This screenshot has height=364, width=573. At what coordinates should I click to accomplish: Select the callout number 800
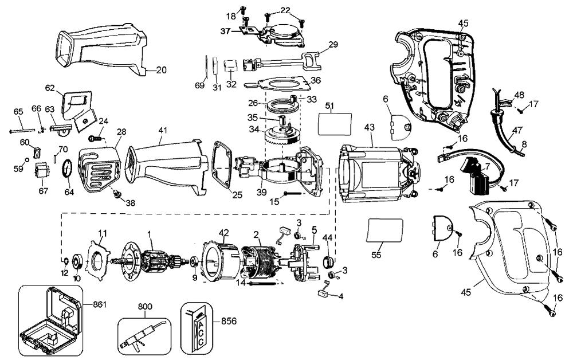pos(146,307)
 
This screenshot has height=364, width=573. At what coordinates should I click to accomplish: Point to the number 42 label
pos(223,232)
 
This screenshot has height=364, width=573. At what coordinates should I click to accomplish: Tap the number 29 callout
pos(318,44)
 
